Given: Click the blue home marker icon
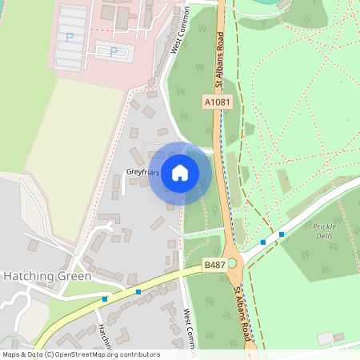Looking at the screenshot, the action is (180, 173).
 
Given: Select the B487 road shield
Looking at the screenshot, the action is (214, 265).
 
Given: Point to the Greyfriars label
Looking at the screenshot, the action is (143, 172).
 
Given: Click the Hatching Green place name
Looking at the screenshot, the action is (47, 275).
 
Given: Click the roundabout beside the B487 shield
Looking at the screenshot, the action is (233, 263).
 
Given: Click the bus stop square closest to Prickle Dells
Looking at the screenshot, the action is (282, 234).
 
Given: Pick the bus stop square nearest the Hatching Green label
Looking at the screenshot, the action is (105, 299).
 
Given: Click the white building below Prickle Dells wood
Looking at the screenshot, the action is (325, 338).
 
